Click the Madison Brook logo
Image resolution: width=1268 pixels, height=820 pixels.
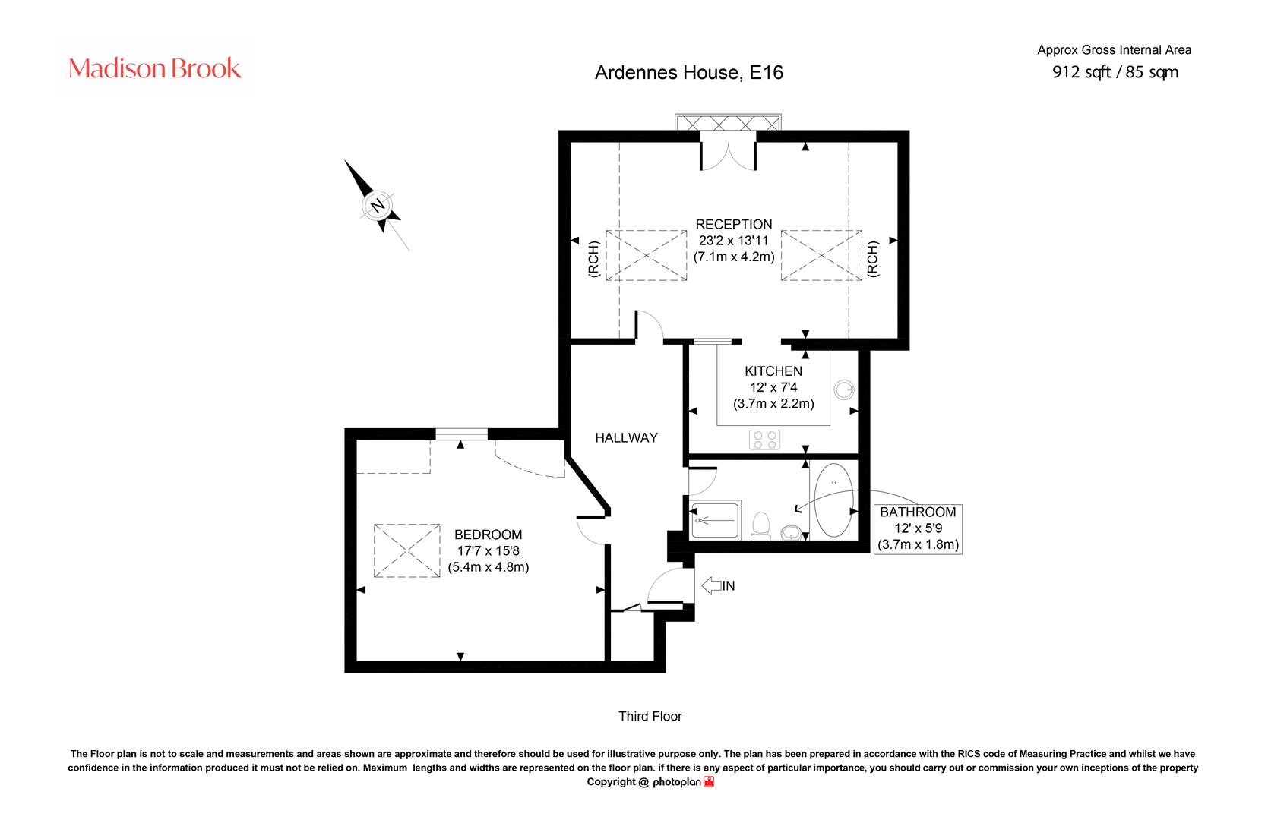click(x=154, y=68)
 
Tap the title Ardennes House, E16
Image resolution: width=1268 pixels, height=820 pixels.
click(x=689, y=73)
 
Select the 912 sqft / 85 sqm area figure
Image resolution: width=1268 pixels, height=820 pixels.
click(x=1115, y=72)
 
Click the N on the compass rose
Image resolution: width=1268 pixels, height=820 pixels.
click(x=378, y=205)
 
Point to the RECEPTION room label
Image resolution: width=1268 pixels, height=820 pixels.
click(x=734, y=224)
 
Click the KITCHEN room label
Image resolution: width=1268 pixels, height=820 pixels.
click(x=773, y=371)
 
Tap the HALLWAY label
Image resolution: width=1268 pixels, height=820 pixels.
click(x=626, y=437)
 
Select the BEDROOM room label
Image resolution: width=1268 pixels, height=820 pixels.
click(x=488, y=535)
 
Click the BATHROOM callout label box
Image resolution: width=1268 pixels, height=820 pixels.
click(x=918, y=528)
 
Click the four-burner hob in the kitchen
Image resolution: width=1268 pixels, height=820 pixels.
click(x=764, y=440)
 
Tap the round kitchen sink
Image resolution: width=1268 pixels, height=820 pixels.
click(x=844, y=389)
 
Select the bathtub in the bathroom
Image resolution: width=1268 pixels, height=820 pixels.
click(x=834, y=500)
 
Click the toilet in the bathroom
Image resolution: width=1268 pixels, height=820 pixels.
click(x=760, y=525)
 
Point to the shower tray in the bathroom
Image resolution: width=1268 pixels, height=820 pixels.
click(x=716, y=519)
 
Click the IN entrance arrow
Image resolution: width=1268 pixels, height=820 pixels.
click(x=719, y=585)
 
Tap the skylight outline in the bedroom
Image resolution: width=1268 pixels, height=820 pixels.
click(x=407, y=550)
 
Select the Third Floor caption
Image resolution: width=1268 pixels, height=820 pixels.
click(x=650, y=717)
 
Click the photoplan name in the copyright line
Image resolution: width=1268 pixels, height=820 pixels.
click(x=677, y=782)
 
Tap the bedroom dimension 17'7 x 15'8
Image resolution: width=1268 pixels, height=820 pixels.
click(x=488, y=550)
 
